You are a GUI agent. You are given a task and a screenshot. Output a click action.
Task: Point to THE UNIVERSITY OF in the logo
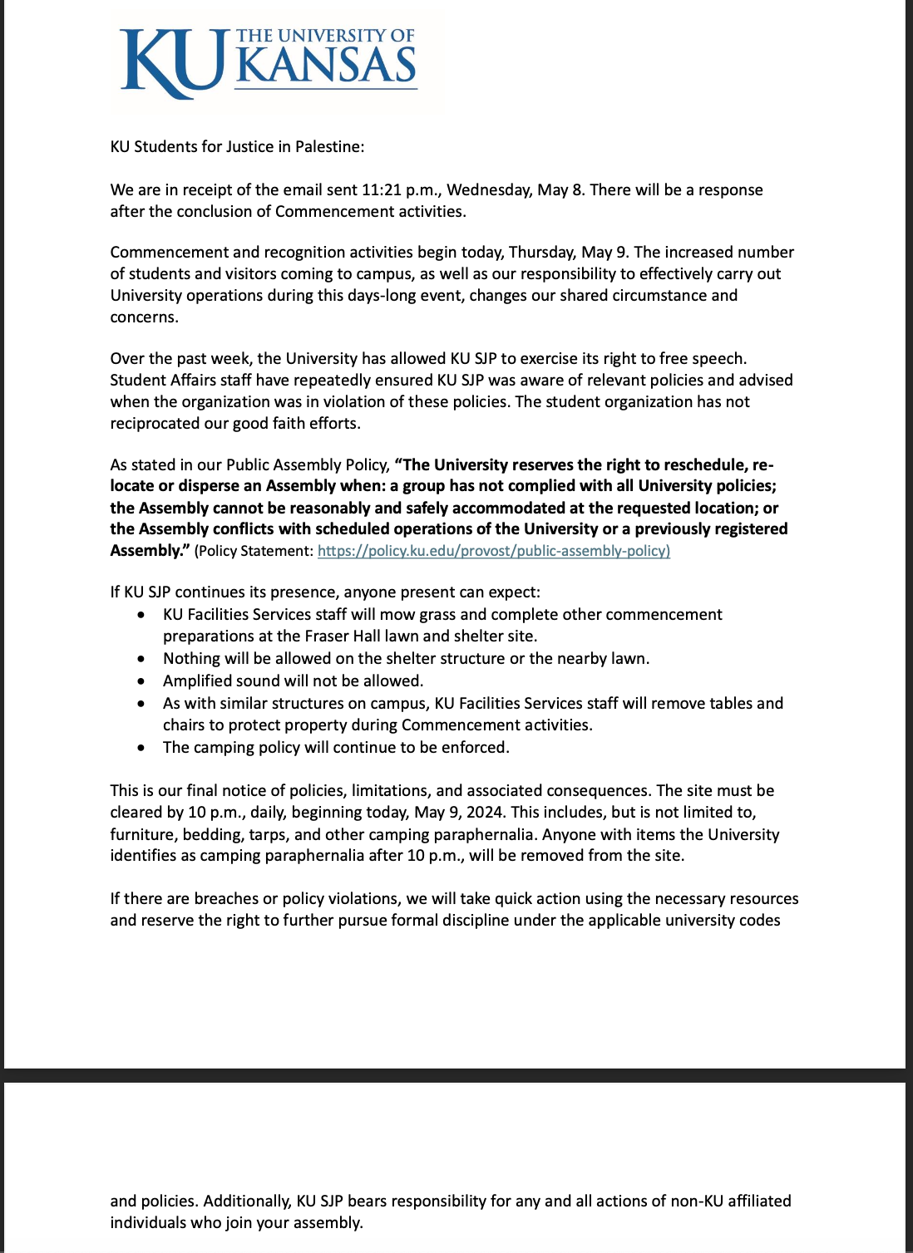(x=325, y=36)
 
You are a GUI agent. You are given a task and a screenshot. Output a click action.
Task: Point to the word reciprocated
(x=153, y=423)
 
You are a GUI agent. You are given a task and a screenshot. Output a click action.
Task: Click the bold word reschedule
(x=708, y=464)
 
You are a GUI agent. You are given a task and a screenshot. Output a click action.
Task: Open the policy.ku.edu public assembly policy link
(x=493, y=550)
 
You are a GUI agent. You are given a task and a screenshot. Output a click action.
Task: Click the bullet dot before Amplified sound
(x=143, y=681)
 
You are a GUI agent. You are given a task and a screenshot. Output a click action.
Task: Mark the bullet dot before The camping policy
(x=143, y=748)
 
